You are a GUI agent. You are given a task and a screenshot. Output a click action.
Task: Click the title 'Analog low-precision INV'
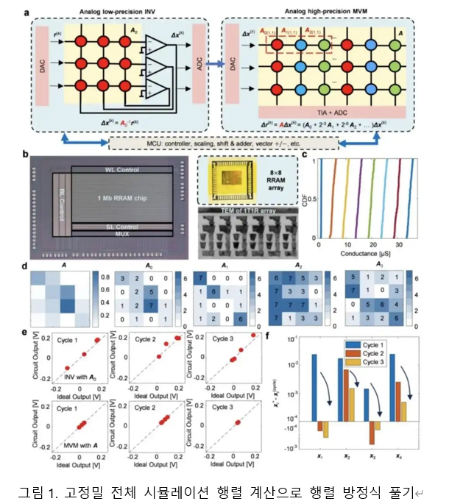(120, 13)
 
